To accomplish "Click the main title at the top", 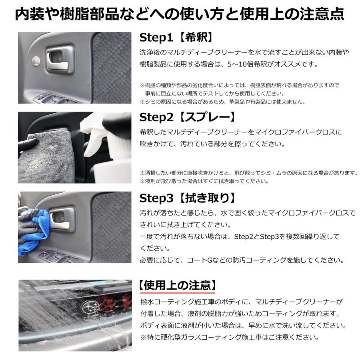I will click(180, 14).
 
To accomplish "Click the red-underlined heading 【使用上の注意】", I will click(178, 285).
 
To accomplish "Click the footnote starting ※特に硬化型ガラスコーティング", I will click(230, 337).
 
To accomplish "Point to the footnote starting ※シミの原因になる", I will click(222, 102).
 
